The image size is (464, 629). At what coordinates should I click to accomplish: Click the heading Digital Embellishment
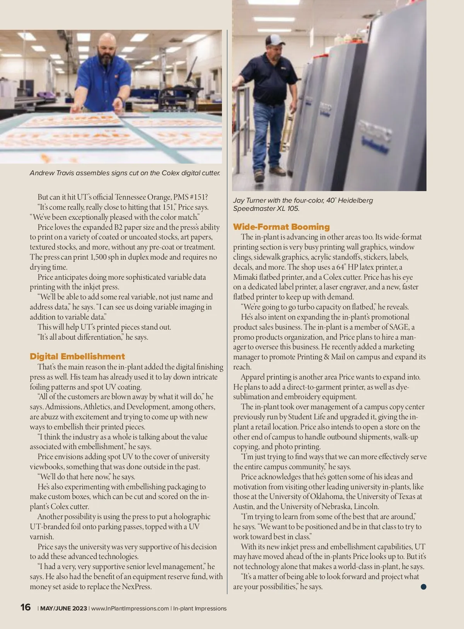click(x=77, y=356)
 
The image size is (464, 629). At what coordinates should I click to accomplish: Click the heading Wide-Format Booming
click(x=281, y=227)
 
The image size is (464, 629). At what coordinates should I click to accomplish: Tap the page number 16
click(x=26, y=607)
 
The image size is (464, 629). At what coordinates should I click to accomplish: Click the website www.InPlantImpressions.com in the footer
click(x=130, y=608)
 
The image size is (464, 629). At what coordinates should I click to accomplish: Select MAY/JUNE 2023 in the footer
click(x=64, y=608)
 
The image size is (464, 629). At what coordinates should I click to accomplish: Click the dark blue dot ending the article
click(x=423, y=586)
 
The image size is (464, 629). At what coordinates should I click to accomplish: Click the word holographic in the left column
click(x=192, y=516)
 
